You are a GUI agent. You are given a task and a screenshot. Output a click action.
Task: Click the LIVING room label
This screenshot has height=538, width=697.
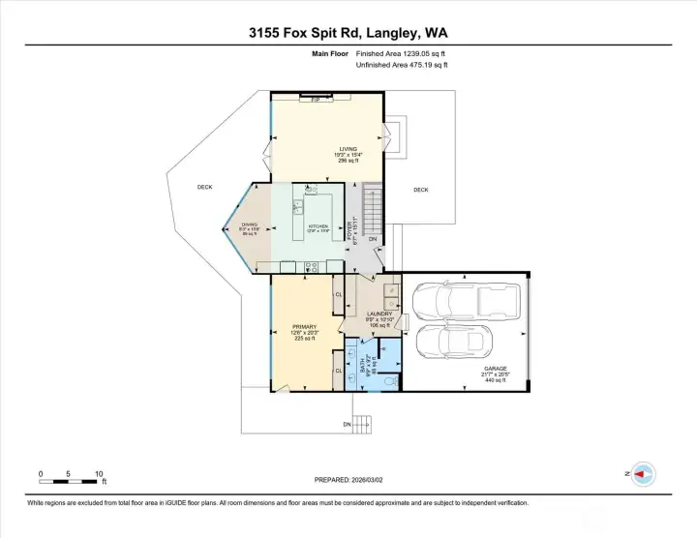pos(320,149)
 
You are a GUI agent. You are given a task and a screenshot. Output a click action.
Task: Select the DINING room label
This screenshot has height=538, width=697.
pos(250,224)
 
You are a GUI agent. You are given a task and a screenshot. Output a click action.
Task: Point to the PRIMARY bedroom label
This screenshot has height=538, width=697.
pos(305,327)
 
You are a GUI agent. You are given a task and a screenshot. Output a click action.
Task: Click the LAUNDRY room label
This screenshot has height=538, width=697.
pos(379,314)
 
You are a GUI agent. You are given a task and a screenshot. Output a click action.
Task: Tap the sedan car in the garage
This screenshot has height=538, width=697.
pos(450,341)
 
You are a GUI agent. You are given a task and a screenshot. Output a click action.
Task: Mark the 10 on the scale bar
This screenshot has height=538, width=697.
pos(99,474)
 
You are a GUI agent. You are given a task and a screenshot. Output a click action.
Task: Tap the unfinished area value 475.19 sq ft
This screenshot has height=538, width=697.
pos(422,66)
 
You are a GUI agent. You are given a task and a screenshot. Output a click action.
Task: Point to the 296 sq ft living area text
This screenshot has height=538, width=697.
pos(320,161)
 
